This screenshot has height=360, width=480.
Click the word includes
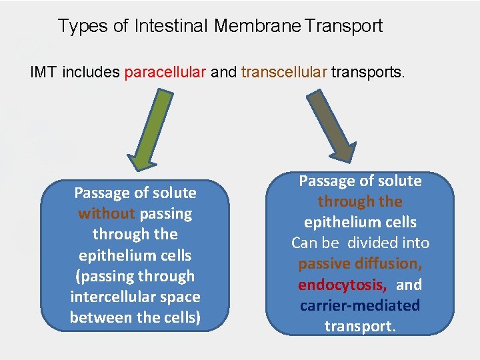91,71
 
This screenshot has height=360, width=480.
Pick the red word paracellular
165,71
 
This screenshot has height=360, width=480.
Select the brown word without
107,214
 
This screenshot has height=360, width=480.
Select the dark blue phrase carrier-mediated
360,305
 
